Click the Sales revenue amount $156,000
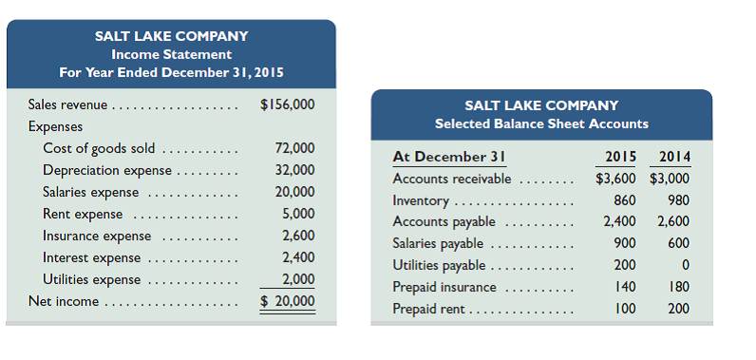point(288,104)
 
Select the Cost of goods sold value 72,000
point(294,148)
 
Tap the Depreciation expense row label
point(107,171)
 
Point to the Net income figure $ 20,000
point(288,301)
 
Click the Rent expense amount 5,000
point(298,214)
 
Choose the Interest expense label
point(91,257)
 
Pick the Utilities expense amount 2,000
point(298,279)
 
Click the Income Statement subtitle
point(171,54)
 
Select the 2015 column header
point(620,157)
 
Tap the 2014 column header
point(673,157)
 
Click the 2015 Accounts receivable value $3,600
point(615,179)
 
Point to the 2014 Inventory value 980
point(678,200)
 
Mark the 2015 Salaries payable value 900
point(625,243)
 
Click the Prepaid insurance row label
point(444,287)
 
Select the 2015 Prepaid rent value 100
point(625,309)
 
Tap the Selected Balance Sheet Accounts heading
point(541,123)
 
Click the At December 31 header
point(447,157)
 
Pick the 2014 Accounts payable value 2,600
point(673,221)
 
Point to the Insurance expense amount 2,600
point(298,236)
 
